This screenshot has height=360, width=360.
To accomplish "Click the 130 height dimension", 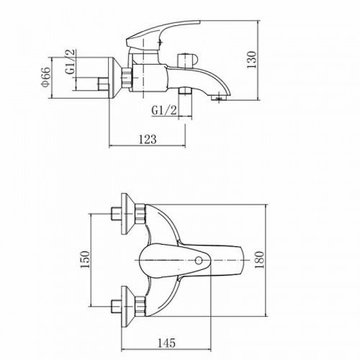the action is [x=251, y=59].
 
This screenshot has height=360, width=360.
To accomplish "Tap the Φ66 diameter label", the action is [x=45, y=77].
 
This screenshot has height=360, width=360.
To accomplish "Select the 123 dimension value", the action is [x=148, y=139].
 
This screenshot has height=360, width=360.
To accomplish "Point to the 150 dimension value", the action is [x=84, y=259].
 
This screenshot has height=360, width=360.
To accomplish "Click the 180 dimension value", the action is [x=259, y=260].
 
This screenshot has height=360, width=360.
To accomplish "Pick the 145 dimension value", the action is [x=166, y=343].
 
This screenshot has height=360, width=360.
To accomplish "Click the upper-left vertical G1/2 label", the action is [x=71, y=61].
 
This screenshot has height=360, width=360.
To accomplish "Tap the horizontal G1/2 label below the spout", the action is [x=164, y=111].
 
